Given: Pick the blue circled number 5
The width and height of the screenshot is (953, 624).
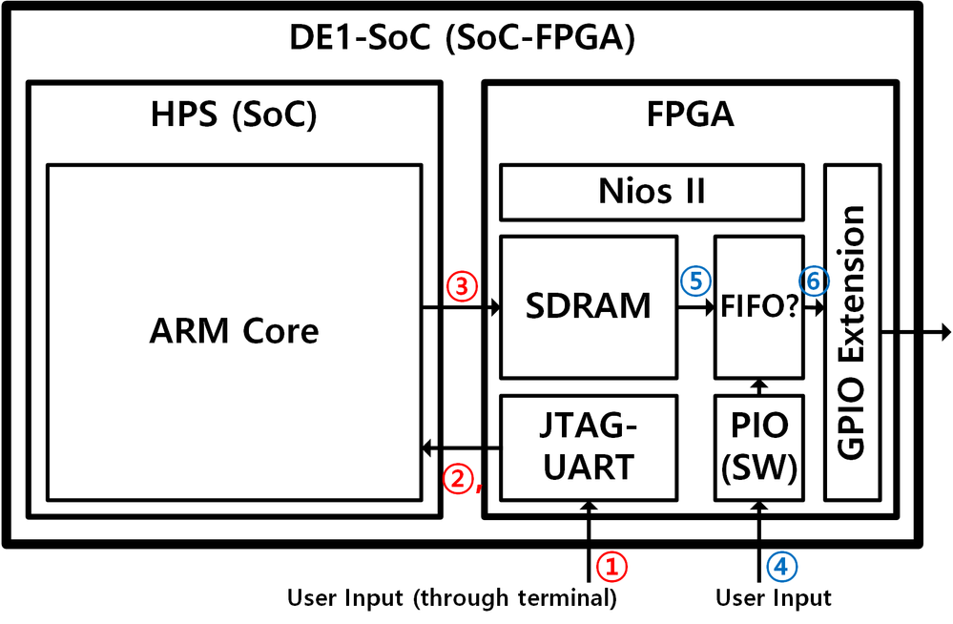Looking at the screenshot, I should point(693,282).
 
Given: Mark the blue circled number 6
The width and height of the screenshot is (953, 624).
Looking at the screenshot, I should point(814,281).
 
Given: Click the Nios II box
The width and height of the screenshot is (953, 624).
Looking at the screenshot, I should point(652,192).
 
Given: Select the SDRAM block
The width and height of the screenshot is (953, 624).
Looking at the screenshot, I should point(589,307).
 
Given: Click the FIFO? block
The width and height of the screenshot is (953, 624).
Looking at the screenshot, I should point(759,307).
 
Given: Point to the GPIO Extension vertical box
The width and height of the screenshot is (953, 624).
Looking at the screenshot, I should point(851,331).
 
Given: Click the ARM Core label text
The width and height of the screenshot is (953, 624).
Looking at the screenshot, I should point(234,331).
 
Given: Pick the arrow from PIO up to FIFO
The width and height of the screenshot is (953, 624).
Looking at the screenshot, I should point(759,385).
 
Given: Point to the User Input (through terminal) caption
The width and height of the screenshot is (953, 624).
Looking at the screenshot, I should point(452,599).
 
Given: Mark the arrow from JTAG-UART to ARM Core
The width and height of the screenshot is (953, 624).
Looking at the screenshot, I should point(462,447).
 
